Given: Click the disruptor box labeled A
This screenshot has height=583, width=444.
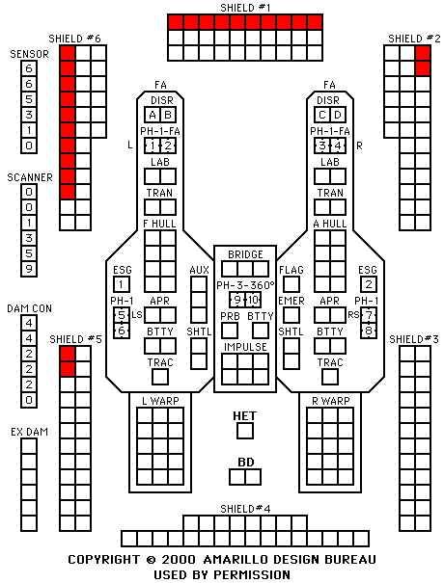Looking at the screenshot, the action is [x=153, y=115].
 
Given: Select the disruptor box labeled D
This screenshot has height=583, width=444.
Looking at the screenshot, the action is [x=338, y=115].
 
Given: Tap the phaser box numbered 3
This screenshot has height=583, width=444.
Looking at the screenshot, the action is [x=322, y=146].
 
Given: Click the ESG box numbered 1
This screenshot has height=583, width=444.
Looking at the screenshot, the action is [x=122, y=284].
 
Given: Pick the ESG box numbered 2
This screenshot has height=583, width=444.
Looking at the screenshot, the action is [x=369, y=284].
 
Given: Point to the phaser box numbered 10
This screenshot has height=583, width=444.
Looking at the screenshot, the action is [x=253, y=300].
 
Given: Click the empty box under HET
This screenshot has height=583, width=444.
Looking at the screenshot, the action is [x=245, y=431].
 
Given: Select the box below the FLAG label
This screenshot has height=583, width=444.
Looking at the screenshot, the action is [x=291, y=284].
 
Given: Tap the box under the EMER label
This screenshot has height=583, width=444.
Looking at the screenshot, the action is [x=291, y=315].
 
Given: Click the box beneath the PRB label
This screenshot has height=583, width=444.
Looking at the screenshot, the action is [x=230, y=331].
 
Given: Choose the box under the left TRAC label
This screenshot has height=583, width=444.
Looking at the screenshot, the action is [x=160, y=377].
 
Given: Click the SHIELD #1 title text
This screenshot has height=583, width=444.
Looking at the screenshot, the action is [x=245, y=8].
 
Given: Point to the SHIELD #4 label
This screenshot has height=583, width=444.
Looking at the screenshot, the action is [x=245, y=508].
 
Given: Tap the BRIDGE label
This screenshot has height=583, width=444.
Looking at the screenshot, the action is [x=245, y=254].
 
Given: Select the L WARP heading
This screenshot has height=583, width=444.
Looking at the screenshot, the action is [x=160, y=401].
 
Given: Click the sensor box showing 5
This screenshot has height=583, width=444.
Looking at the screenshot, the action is [x=29, y=99].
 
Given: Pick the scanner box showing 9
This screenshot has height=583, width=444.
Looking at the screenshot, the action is [x=29, y=269].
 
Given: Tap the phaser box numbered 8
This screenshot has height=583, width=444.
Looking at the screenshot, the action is [x=369, y=331].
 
